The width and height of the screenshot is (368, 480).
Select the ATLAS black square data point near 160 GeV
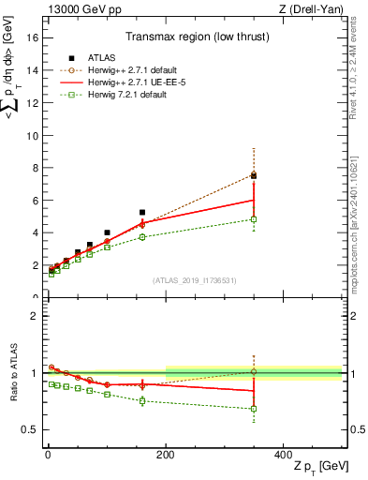click(142, 213)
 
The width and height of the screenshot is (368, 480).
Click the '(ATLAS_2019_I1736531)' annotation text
click(195, 280)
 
